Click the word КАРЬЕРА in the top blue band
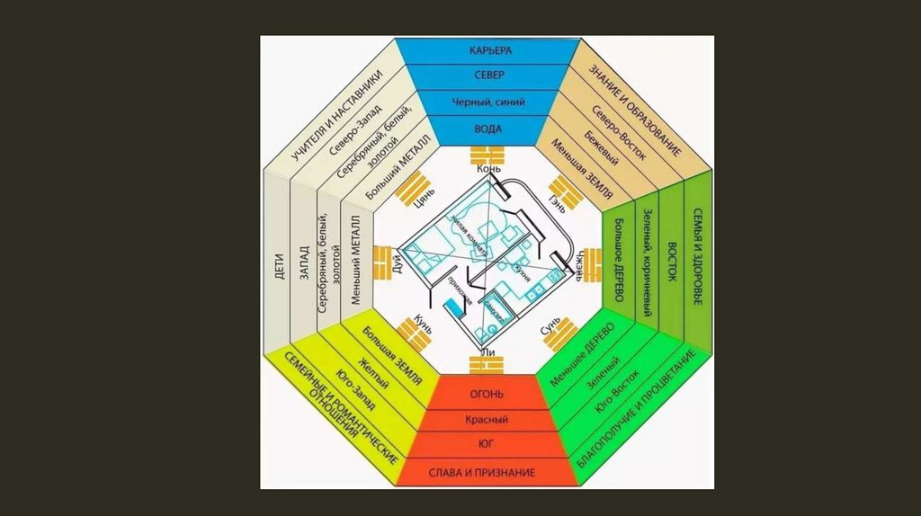[487, 49]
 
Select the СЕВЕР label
[487, 76]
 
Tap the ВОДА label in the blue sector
[487, 129]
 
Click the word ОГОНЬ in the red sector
[487, 395]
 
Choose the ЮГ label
[487, 444]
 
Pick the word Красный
[487, 420]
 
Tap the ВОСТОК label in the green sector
[670, 262]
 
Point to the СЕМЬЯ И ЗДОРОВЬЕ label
[697, 262]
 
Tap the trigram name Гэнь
[558, 202]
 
